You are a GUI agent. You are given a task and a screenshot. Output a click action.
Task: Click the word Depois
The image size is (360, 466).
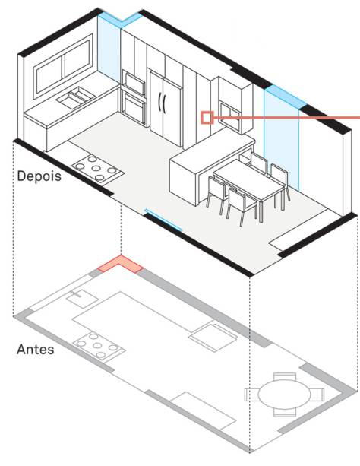pyautogui.click(x=39, y=176)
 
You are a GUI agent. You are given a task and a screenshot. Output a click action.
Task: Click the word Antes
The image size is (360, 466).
pyautogui.click(x=36, y=349)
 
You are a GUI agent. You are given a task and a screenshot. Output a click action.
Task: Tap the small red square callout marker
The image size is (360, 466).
pyautogui.click(x=207, y=117)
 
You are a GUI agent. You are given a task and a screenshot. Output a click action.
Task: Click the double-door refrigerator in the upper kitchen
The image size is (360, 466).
pyautogui.click(x=166, y=108)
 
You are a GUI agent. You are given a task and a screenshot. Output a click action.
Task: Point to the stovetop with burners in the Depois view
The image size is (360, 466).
pyautogui.click(x=98, y=170)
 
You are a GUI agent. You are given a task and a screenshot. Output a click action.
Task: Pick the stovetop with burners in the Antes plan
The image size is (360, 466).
pyautogui.click(x=99, y=346)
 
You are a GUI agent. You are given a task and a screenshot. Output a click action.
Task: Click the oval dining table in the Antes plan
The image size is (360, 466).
pyautogui.click(x=284, y=395)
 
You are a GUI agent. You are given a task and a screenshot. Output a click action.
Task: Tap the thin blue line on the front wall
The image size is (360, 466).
pyautogui.click(x=163, y=220)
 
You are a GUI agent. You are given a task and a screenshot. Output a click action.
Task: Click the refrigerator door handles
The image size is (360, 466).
pyautogui.click(x=162, y=103)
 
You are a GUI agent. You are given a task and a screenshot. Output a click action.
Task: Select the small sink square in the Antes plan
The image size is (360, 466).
pyautogui.click(x=81, y=299)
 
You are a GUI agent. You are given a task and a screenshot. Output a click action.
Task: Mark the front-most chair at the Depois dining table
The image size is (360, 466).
pyautogui.click(x=242, y=207)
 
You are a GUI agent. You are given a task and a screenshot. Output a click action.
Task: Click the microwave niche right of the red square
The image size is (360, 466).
pyautogui.click(x=230, y=116)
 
